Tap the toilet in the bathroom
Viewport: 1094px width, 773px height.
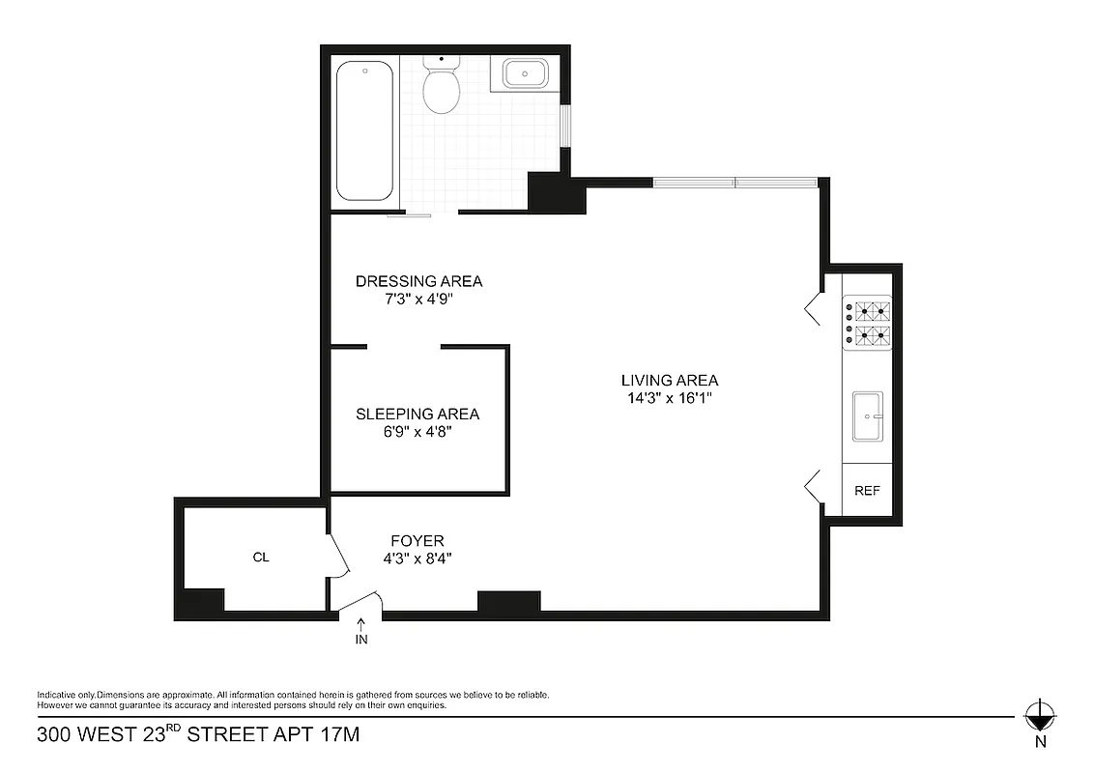pos(442,89)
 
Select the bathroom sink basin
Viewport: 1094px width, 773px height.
pos(523,73)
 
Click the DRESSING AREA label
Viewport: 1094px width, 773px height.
pos(418,281)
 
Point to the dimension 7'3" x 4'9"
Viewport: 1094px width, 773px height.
pos(418,299)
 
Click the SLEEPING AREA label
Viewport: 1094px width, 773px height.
pos(417,414)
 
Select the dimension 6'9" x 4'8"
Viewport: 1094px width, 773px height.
pos(417,432)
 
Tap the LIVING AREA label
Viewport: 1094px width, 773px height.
pos(671,380)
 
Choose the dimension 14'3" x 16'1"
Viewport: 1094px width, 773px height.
pos(671,398)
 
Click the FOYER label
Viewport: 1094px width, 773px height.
pos(417,540)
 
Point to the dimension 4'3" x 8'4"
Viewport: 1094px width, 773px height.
pos(417,558)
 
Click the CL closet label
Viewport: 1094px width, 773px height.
pos(260,558)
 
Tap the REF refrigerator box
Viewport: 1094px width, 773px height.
pos(867,490)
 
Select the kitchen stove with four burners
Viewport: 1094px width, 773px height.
pos(867,324)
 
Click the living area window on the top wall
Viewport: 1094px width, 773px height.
pos(735,182)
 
